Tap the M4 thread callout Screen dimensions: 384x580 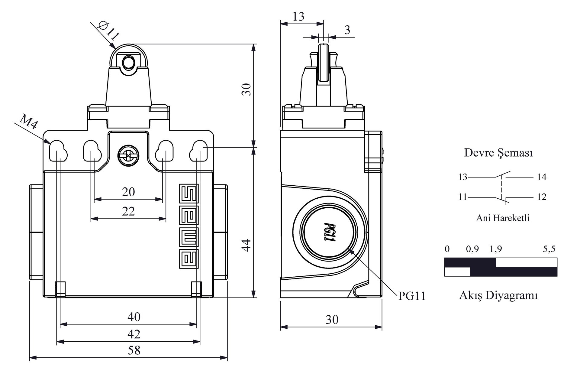[29, 121]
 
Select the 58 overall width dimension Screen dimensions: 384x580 [134, 350]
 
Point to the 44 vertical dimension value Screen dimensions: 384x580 [247, 245]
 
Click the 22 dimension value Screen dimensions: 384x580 [128, 211]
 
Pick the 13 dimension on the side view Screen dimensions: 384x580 [298, 17]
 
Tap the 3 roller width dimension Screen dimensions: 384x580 [347, 30]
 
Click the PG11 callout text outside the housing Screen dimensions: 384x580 [412, 296]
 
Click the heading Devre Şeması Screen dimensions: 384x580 [498, 153]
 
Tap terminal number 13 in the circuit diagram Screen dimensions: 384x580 [462, 177]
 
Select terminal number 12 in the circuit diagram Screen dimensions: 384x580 [542, 197]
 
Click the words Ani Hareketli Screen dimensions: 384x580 [503, 218]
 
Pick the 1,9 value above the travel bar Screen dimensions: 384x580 [495, 249]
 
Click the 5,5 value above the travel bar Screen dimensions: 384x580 [549, 249]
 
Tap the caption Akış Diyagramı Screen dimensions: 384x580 [498, 295]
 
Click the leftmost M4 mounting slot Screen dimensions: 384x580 [58, 151]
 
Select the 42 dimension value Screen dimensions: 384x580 [134, 334]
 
